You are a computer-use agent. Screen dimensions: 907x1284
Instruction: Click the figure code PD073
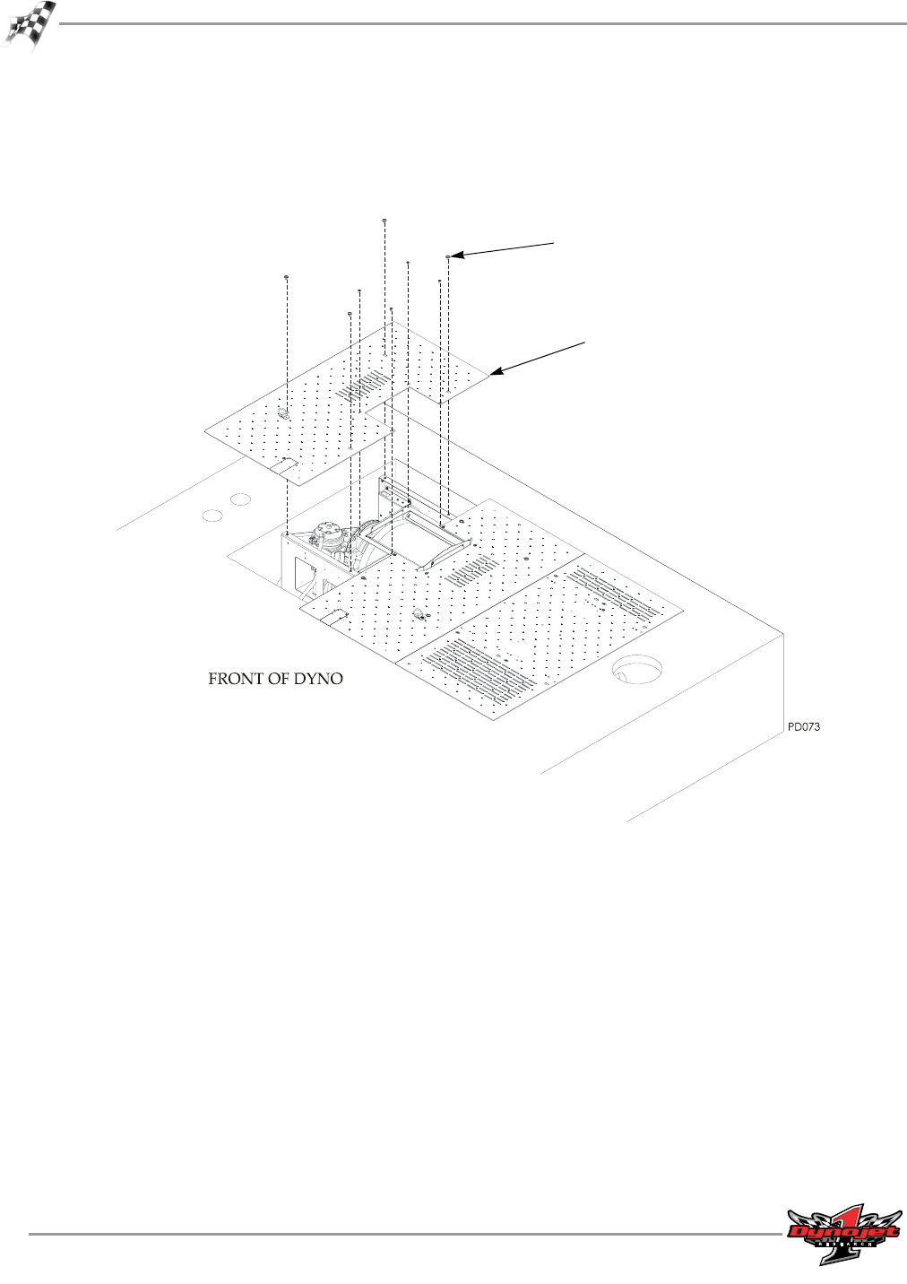pyautogui.click(x=803, y=726)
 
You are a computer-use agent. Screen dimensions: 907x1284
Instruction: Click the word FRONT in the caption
pyautogui.click(x=235, y=679)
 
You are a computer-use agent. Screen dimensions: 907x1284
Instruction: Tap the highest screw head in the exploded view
pyautogui.click(x=384, y=220)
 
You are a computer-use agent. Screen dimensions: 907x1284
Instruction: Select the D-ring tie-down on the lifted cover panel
pyautogui.click(x=283, y=413)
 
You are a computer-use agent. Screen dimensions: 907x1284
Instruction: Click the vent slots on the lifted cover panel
pyautogui.click(x=364, y=387)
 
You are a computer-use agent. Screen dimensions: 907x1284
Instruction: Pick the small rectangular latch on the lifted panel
pyautogui.click(x=286, y=463)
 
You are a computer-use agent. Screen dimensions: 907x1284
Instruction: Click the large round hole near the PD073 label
pyautogui.click(x=637, y=669)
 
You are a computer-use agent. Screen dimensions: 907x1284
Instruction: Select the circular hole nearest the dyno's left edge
pyautogui.click(x=212, y=516)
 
